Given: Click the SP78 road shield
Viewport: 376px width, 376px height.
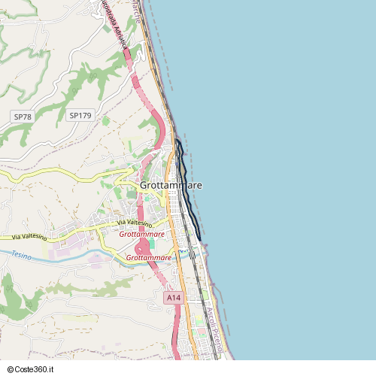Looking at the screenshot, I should pyautogui.click(x=23, y=117).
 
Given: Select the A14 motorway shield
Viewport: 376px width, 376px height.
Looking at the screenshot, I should pyautogui.click(x=174, y=299).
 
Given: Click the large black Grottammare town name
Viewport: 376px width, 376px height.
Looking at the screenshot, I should pyautogui.click(x=171, y=185).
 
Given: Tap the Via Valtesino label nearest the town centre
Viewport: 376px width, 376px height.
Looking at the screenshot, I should pyautogui.click(x=135, y=223).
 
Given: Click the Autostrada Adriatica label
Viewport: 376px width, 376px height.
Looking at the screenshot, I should pyautogui.click(x=114, y=25).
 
